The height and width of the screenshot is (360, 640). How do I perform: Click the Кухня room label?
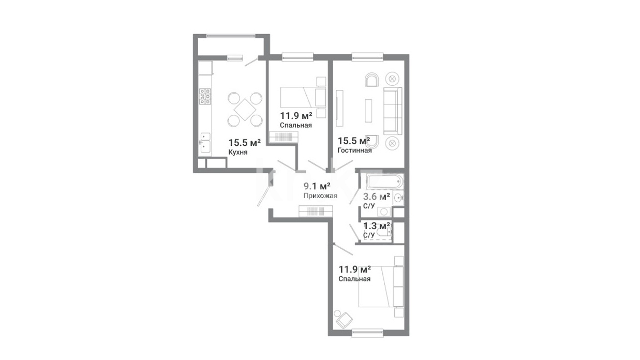237,152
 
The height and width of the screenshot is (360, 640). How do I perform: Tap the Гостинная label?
354,151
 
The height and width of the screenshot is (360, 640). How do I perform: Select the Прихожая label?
320,196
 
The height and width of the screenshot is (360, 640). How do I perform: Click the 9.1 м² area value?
317,186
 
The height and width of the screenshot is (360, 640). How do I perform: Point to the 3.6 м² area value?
377,197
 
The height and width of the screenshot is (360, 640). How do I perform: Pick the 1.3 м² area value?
377,226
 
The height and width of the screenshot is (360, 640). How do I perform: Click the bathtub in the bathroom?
385,182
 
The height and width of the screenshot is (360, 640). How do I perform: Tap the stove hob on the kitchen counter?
205,96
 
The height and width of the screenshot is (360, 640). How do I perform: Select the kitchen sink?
205,143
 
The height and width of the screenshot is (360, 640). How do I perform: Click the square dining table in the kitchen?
245,110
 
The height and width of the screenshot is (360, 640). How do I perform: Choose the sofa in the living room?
393,111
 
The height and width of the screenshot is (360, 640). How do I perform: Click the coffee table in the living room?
368,111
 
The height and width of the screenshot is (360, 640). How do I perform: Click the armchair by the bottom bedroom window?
344,320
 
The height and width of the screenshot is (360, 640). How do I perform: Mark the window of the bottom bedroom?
367,333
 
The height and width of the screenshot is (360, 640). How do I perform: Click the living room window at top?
367,57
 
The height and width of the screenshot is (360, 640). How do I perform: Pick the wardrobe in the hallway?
316,211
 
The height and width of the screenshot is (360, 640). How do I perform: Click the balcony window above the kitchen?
231,36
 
